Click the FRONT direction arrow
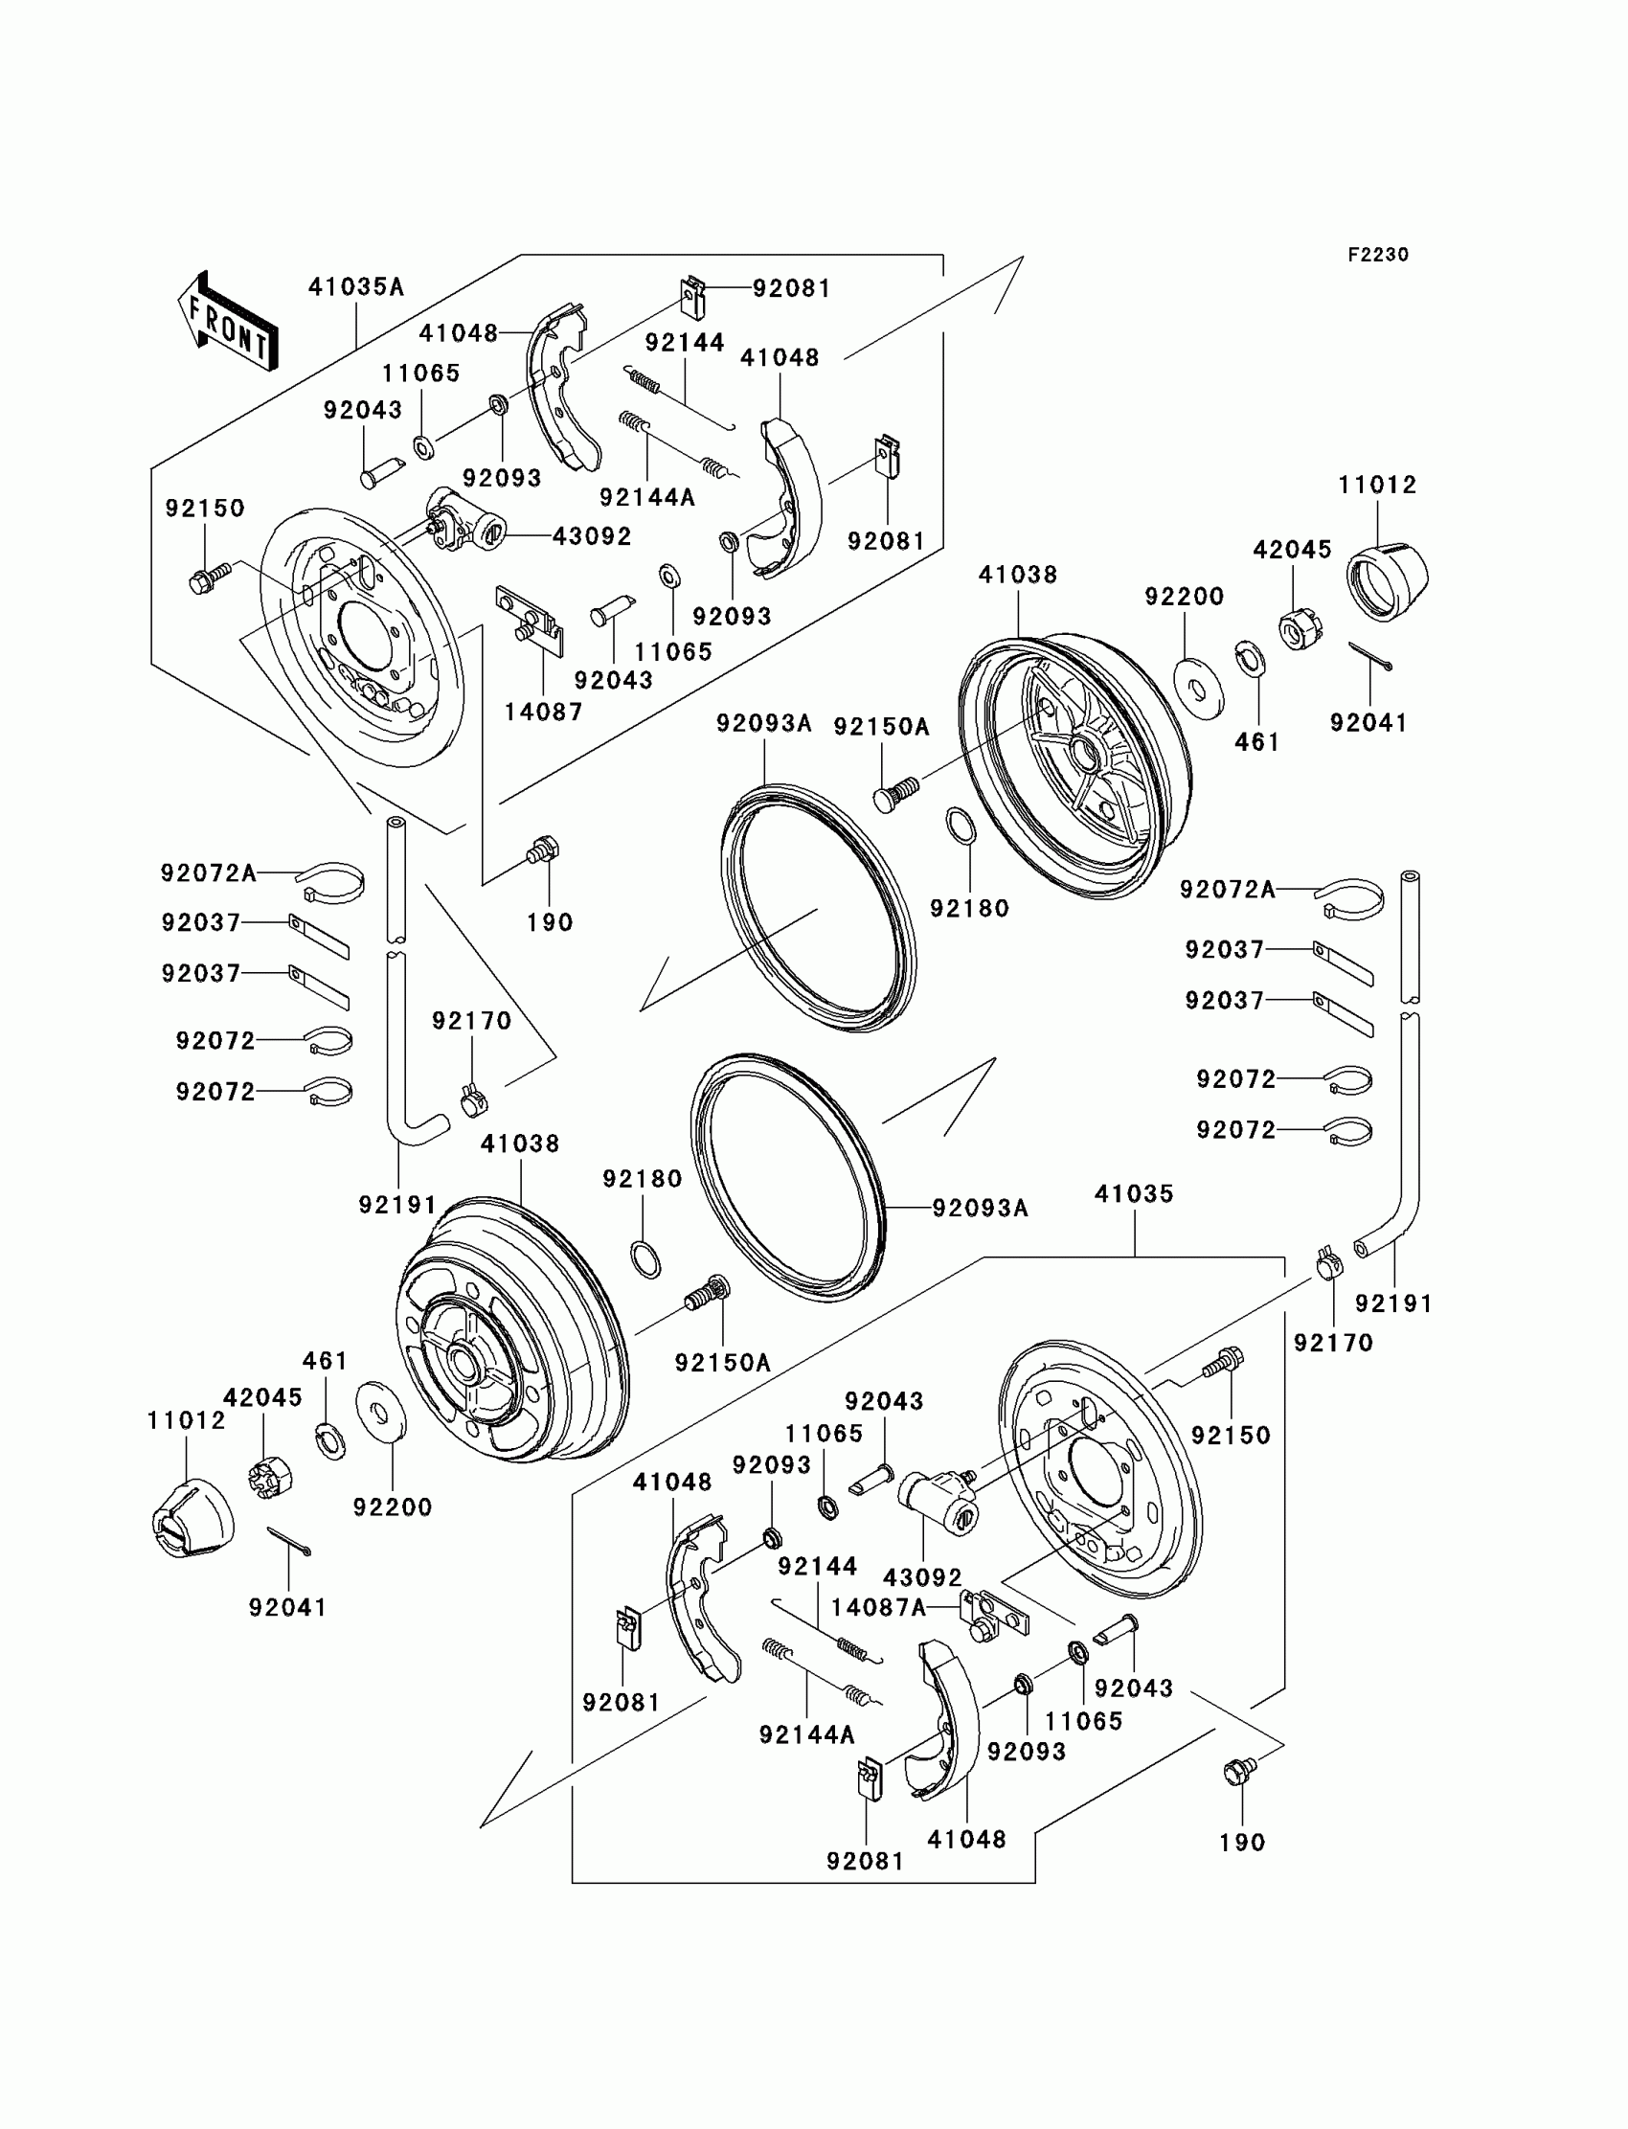click(x=228, y=321)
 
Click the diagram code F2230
click(x=1378, y=255)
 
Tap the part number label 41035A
click(x=355, y=287)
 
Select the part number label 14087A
click(x=879, y=1608)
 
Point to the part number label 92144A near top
click(x=647, y=497)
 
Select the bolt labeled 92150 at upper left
click(x=210, y=578)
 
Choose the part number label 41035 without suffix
click(x=1134, y=1194)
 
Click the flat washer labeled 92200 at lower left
click(x=382, y=1410)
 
